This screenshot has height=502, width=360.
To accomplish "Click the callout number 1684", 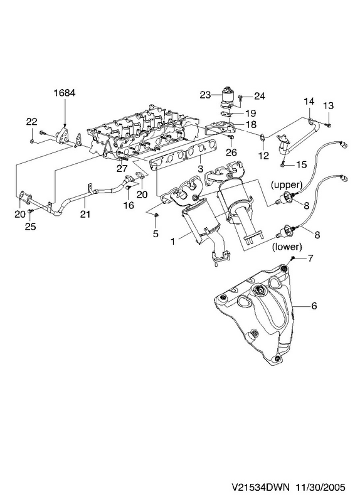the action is point(65,93).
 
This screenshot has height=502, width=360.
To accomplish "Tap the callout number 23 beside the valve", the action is point(206,95).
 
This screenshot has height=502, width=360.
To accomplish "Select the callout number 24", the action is point(260,96).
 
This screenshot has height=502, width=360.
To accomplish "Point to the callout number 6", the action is point(314,306).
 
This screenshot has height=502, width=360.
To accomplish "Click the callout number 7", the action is point(310,258).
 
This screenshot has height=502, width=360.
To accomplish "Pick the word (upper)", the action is point(287,184).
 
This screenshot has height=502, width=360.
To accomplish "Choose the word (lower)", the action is point(287,247).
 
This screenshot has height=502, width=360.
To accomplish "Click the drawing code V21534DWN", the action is point(260,488).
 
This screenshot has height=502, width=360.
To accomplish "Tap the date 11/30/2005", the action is point(320,488).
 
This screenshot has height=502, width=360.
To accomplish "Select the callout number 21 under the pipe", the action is point(85,214).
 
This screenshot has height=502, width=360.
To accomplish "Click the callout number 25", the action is point(31,227).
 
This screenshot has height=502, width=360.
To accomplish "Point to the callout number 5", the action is point(156,233).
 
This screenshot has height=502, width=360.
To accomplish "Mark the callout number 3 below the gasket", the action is point(200,168).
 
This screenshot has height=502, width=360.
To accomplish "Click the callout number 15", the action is point(301,164).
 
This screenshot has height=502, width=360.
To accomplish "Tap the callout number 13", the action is point(328,105).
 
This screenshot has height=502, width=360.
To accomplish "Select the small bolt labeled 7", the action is point(292,258).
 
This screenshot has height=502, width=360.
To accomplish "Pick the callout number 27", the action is point(122,168).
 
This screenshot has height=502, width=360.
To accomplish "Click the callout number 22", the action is point(32,122).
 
